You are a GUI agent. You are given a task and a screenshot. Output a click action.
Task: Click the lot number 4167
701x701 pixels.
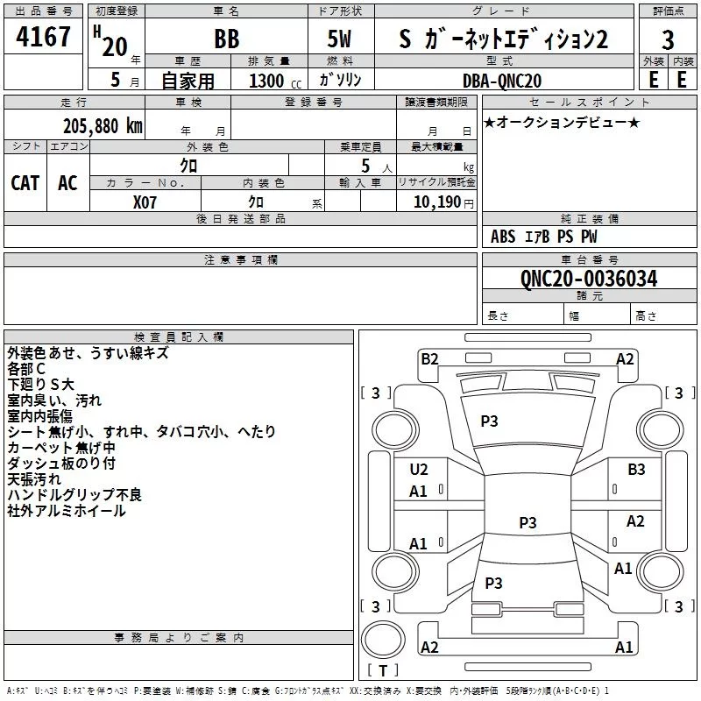pyautogui.click(x=43, y=36)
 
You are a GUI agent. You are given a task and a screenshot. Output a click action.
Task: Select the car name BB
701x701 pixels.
pyautogui.click(x=227, y=39)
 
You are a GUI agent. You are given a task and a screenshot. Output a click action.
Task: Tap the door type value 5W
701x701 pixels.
pyautogui.click(x=339, y=39)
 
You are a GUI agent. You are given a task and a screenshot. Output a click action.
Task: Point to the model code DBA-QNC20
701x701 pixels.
pyautogui.click(x=502, y=81)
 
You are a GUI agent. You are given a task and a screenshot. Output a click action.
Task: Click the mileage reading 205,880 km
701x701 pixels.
pyautogui.click(x=103, y=126)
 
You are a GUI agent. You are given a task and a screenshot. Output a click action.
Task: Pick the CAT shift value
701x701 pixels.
pyautogui.click(x=25, y=183)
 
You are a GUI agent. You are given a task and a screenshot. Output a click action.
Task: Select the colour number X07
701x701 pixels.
pyautogui.click(x=145, y=202)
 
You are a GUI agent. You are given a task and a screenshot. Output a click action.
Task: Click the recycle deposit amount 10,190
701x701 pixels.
pyautogui.click(x=437, y=202)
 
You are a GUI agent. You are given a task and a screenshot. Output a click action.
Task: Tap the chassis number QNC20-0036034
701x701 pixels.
pyautogui.click(x=589, y=279)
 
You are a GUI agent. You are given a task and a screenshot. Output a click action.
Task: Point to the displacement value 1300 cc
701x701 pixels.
pyautogui.click(x=275, y=81)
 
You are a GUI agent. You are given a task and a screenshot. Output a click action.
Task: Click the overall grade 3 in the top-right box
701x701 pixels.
pyautogui.click(x=668, y=40)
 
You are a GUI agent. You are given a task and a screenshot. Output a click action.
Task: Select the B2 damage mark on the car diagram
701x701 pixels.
pyautogui.click(x=429, y=359)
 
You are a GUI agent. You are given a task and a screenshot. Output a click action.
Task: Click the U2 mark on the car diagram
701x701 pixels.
pyautogui.click(x=419, y=470)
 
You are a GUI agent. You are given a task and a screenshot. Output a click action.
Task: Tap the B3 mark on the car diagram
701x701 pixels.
pyautogui.click(x=636, y=470)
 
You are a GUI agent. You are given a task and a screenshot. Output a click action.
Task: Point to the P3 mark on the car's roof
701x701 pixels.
pyautogui.click(x=528, y=522)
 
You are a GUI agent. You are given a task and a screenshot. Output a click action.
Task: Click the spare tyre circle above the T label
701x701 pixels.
pyautogui.click(x=383, y=639)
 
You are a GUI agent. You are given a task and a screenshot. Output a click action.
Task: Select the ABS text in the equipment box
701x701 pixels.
pyautogui.click(x=503, y=237)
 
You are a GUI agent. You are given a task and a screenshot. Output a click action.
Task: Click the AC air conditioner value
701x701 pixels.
pyautogui.click(x=67, y=183)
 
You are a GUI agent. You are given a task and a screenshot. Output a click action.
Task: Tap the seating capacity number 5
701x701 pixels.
pyautogui.click(x=365, y=166)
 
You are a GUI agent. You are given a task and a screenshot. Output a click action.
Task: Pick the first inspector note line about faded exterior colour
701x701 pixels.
pyautogui.click(x=88, y=353)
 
